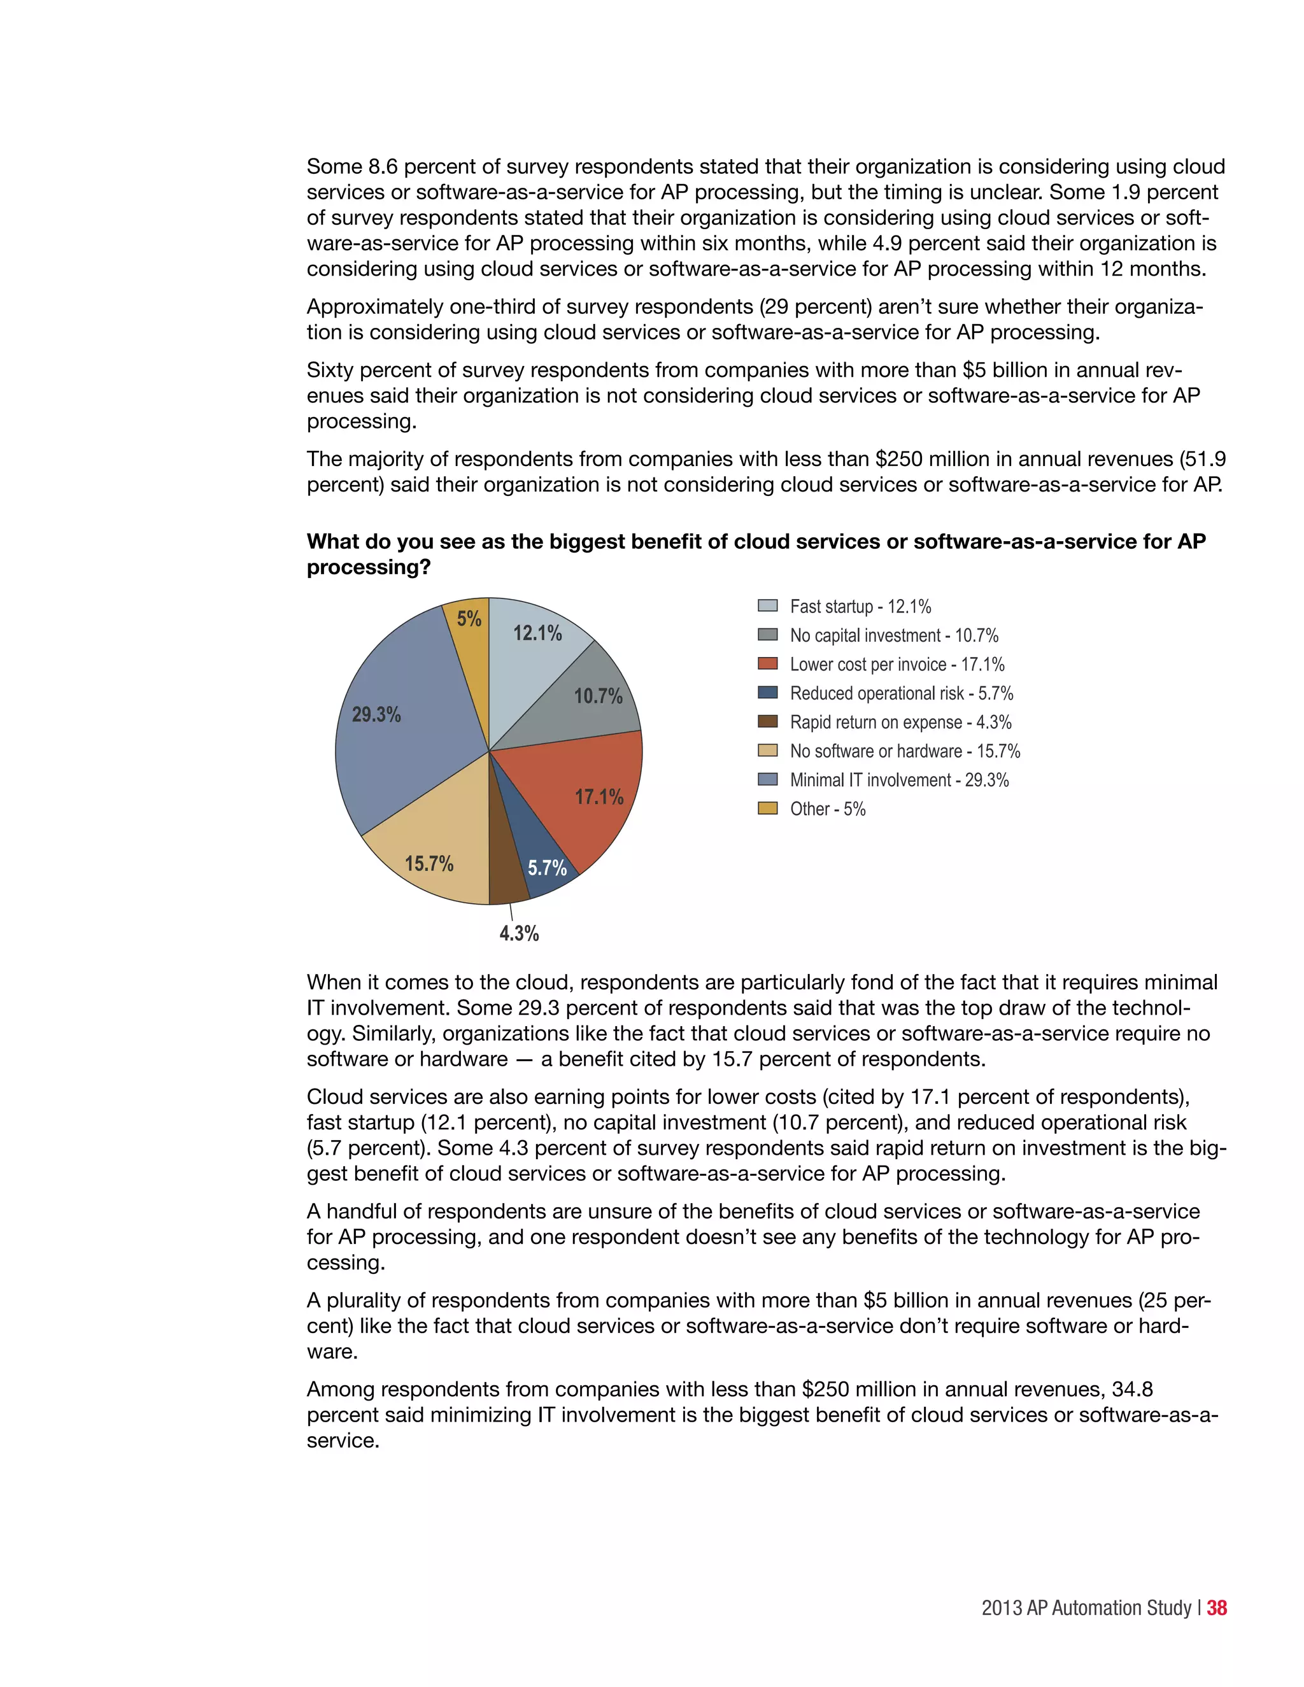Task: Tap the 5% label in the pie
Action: coord(469,619)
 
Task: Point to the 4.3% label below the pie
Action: coord(519,934)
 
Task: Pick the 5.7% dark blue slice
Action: coord(541,858)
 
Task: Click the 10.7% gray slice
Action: coord(591,699)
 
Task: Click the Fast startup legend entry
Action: coord(860,606)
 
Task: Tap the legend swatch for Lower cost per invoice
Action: coord(767,663)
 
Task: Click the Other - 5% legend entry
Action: coord(826,808)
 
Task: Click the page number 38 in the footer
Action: coord(1217,1608)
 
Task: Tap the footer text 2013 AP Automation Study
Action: coord(1086,1608)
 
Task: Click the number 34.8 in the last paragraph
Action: coord(1131,1390)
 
